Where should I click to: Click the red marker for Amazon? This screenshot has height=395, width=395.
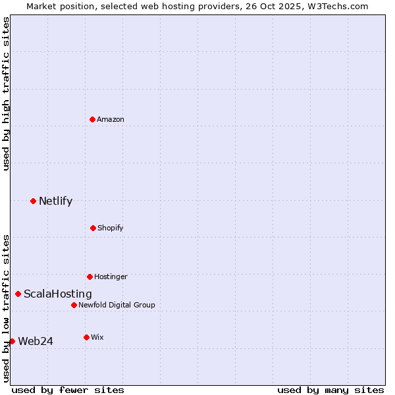(x=92, y=119)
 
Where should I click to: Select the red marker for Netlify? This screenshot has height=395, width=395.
(x=33, y=201)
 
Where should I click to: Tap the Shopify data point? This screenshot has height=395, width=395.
(x=93, y=228)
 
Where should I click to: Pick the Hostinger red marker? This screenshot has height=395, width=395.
(x=90, y=276)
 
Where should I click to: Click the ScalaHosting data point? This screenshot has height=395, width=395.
(x=18, y=294)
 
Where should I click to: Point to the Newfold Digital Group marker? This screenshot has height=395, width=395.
(x=74, y=305)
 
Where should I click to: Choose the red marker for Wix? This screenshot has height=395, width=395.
(x=86, y=337)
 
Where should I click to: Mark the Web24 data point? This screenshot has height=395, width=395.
(x=12, y=341)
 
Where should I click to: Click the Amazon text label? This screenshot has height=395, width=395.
(x=111, y=119)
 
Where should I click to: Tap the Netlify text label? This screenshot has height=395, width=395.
(x=55, y=201)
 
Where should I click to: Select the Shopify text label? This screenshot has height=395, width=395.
(x=111, y=228)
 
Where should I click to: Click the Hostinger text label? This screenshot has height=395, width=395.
(x=111, y=276)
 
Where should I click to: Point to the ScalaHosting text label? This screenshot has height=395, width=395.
(x=58, y=294)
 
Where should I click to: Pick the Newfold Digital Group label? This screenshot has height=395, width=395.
(x=117, y=305)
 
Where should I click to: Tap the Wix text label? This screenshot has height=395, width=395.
(x=97, y=337)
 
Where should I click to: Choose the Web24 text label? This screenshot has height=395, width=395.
(x=36, y=341)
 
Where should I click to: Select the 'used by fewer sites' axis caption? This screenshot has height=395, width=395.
(x=68, y=390)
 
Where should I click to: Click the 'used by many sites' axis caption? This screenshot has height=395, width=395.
(x=330, y=390)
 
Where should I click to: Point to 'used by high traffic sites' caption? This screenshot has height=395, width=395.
(x=6, y=93)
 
